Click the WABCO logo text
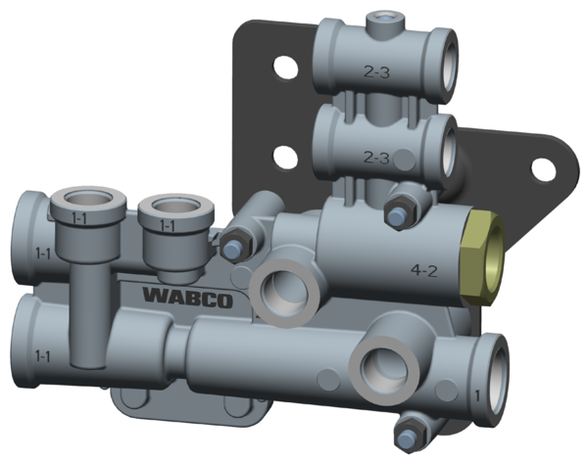coord(187,296)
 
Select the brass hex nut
coord(482,256)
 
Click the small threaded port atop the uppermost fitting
coord(379,18)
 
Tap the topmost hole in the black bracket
coord(283,69)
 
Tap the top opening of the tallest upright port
coord(85,200)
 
